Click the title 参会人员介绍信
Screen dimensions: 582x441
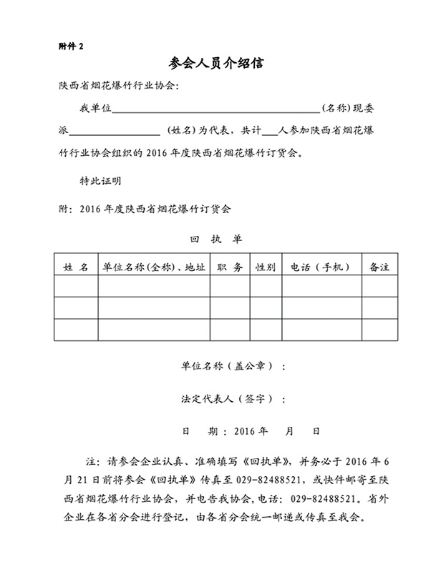220,64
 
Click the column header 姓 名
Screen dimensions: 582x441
76,267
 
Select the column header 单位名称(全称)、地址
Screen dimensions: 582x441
154,267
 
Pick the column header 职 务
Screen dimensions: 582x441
229,267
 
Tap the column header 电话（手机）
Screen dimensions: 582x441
321,267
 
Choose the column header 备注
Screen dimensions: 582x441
379,267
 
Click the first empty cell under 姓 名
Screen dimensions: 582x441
76,286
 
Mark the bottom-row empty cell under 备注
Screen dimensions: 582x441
379,330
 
